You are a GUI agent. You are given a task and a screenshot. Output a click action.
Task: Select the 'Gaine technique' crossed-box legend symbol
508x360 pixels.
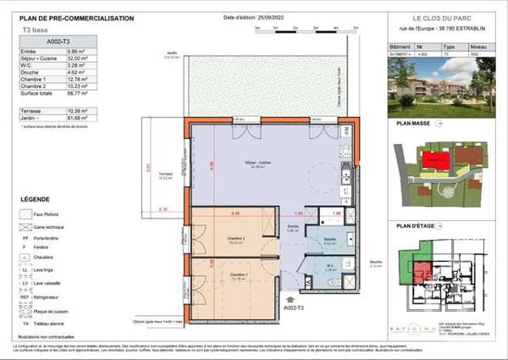pos(26,228)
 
